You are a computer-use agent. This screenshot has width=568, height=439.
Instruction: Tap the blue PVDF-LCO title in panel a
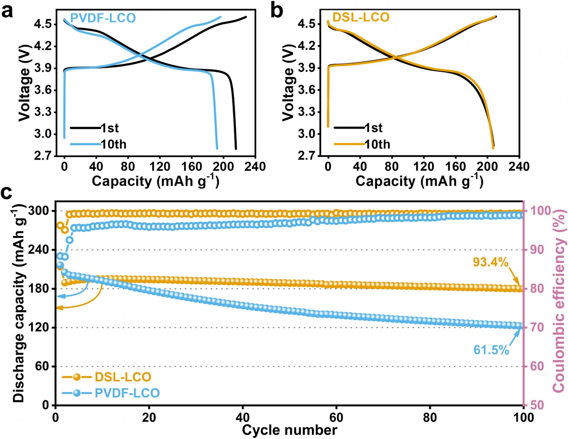[x=103, y=18]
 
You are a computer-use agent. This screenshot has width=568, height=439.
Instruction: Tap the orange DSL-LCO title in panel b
[x=361, y=17]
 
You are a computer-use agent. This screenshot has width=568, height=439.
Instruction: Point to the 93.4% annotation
[x=490, y=262]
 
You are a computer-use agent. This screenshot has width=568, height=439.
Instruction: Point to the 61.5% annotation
[x=491, y=350]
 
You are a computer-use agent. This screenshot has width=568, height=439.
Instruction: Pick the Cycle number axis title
[x=289, y=430]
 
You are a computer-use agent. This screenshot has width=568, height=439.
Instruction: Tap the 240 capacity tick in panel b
[x=519, y=167]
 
